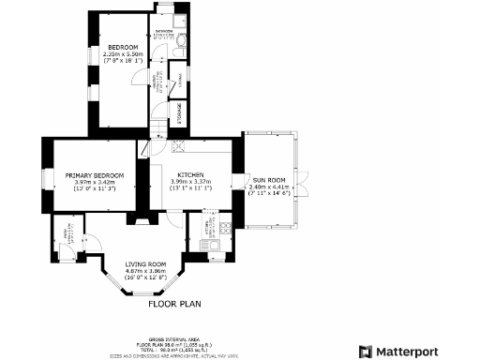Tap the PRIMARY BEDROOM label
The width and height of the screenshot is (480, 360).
pos(95,175)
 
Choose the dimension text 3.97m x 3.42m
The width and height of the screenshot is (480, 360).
pos(95,182)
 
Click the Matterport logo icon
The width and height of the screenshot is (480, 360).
pos(366,351)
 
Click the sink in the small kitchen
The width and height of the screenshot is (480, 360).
pos(215,246)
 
